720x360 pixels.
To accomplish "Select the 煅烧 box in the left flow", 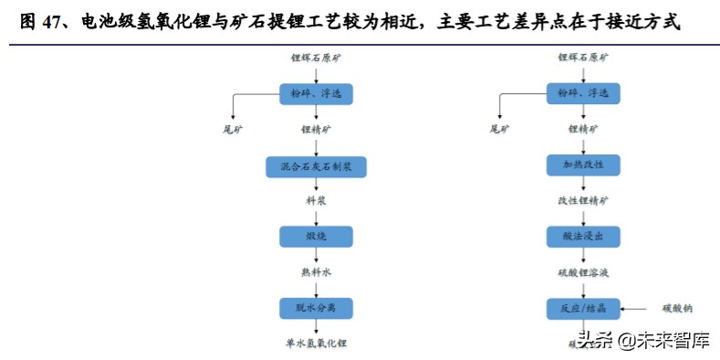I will click(316, 237).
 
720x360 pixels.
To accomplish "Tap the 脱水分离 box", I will click(316, 308).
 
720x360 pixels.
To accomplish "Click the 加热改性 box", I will click(584, 165).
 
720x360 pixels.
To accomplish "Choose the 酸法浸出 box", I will click(584, 237).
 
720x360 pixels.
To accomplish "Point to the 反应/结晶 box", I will click(584, 308).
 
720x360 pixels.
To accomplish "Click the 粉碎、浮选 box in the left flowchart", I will click(316, 93).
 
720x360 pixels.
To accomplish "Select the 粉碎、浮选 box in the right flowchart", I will click(584, 93).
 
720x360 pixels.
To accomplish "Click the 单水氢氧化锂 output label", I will click(316, 344).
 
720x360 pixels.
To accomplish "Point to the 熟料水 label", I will click(316, 271).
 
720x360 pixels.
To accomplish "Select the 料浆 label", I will click(316, 200).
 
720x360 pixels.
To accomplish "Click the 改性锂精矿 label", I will click(584, 200).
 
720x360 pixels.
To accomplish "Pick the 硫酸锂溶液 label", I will click(584, 271).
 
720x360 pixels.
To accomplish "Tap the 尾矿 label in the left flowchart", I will click(234, 130).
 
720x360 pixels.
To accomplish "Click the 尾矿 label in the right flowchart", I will click(501, 130).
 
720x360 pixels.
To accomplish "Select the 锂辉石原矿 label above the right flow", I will click(584, 58).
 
